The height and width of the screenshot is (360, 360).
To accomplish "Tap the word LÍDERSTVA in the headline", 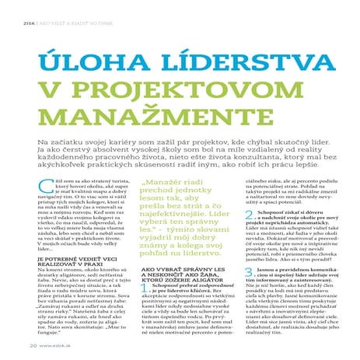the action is [x=225, y=64].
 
